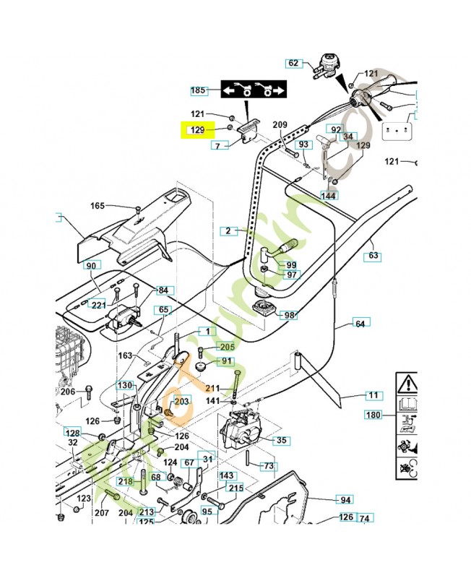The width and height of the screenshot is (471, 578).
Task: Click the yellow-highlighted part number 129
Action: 196,130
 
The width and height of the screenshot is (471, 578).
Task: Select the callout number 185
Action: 198,90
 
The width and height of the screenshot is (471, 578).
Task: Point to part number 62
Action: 293,63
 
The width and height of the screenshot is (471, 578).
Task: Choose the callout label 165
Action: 98,206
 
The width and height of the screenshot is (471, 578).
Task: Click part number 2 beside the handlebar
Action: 228,231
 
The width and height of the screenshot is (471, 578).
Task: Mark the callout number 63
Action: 373,255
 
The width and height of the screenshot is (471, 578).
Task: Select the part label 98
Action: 290,315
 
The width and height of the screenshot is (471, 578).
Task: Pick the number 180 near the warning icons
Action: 373,415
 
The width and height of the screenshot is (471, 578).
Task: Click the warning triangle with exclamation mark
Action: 409,381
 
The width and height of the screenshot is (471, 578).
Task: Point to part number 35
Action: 281,440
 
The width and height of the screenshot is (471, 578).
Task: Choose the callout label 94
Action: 346,499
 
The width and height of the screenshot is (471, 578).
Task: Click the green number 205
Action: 228,346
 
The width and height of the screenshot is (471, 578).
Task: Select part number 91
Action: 227,361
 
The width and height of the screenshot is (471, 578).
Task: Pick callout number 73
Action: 268,466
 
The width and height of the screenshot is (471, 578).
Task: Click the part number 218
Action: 125,482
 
